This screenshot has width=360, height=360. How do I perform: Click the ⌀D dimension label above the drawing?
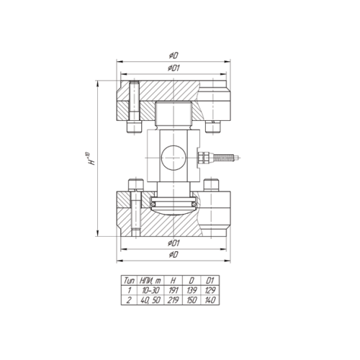point(174,56)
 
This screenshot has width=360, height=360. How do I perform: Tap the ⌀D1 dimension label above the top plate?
point(174,68)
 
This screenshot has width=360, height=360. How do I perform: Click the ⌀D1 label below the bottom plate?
point(174,243)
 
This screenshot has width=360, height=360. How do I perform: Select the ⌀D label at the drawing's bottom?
point(174,254)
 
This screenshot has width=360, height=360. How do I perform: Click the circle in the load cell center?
point(174,158)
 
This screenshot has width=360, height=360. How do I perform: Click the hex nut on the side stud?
point(204,158)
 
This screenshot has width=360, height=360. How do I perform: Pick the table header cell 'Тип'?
point(129,280)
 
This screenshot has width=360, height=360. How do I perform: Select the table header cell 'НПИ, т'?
point(150,280)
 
